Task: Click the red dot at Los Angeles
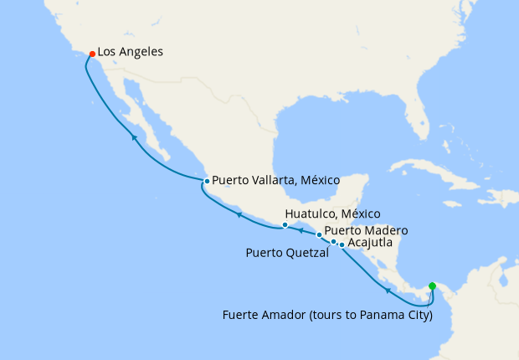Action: [x=92, y=54]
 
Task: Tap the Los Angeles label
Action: [x=130, y=52]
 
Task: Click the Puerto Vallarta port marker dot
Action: [x=207, y=181]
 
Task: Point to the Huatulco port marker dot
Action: [x=285, y=224]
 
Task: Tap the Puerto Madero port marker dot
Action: [x=319, y=234]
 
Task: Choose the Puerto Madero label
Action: [x=366, y=230]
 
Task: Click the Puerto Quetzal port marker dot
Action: [x=333, y=242]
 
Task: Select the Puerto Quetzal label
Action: [x=287, y=252]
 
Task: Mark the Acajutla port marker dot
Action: [x=342, y=244]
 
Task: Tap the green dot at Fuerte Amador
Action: [x=432, y=286]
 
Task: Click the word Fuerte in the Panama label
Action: [x=242, y=316]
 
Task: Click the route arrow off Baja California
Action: [x=133, y=136]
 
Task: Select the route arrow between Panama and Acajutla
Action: [x=388, y=291]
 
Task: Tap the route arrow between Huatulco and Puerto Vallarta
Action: [x=239, y=214]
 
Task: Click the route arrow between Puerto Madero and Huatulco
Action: [x=301, y=229]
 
